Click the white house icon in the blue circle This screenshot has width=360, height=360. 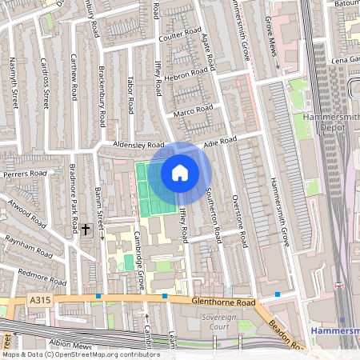(x=180, y=173)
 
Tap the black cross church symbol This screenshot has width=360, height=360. (x=86, y=230)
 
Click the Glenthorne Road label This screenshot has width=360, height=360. (x=223, y=303)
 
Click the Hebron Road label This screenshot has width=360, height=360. (x=186, y=74)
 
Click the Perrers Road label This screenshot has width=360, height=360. (x=22, y=174)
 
